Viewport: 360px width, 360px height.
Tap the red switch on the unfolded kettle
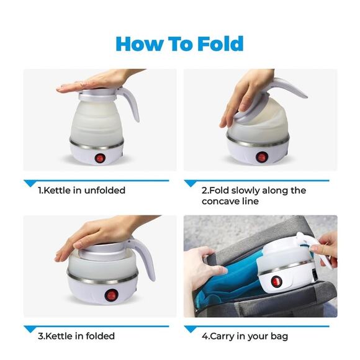coord(100,158)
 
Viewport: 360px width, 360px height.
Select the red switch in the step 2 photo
coord(261,157)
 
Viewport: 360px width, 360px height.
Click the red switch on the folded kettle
coord(111,295)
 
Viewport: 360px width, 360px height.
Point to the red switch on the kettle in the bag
coord(276,281)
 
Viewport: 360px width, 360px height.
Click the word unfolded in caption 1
coord(105,191)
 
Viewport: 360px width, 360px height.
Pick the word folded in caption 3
coord(101,336)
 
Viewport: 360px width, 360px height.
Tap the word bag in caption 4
coord(279,336)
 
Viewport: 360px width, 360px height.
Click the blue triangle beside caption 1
coord(30,184)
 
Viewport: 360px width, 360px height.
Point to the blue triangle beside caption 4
coord(191,329)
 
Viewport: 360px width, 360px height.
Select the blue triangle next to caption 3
coord(30,329)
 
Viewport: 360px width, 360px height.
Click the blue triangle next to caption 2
coord(191,184)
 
